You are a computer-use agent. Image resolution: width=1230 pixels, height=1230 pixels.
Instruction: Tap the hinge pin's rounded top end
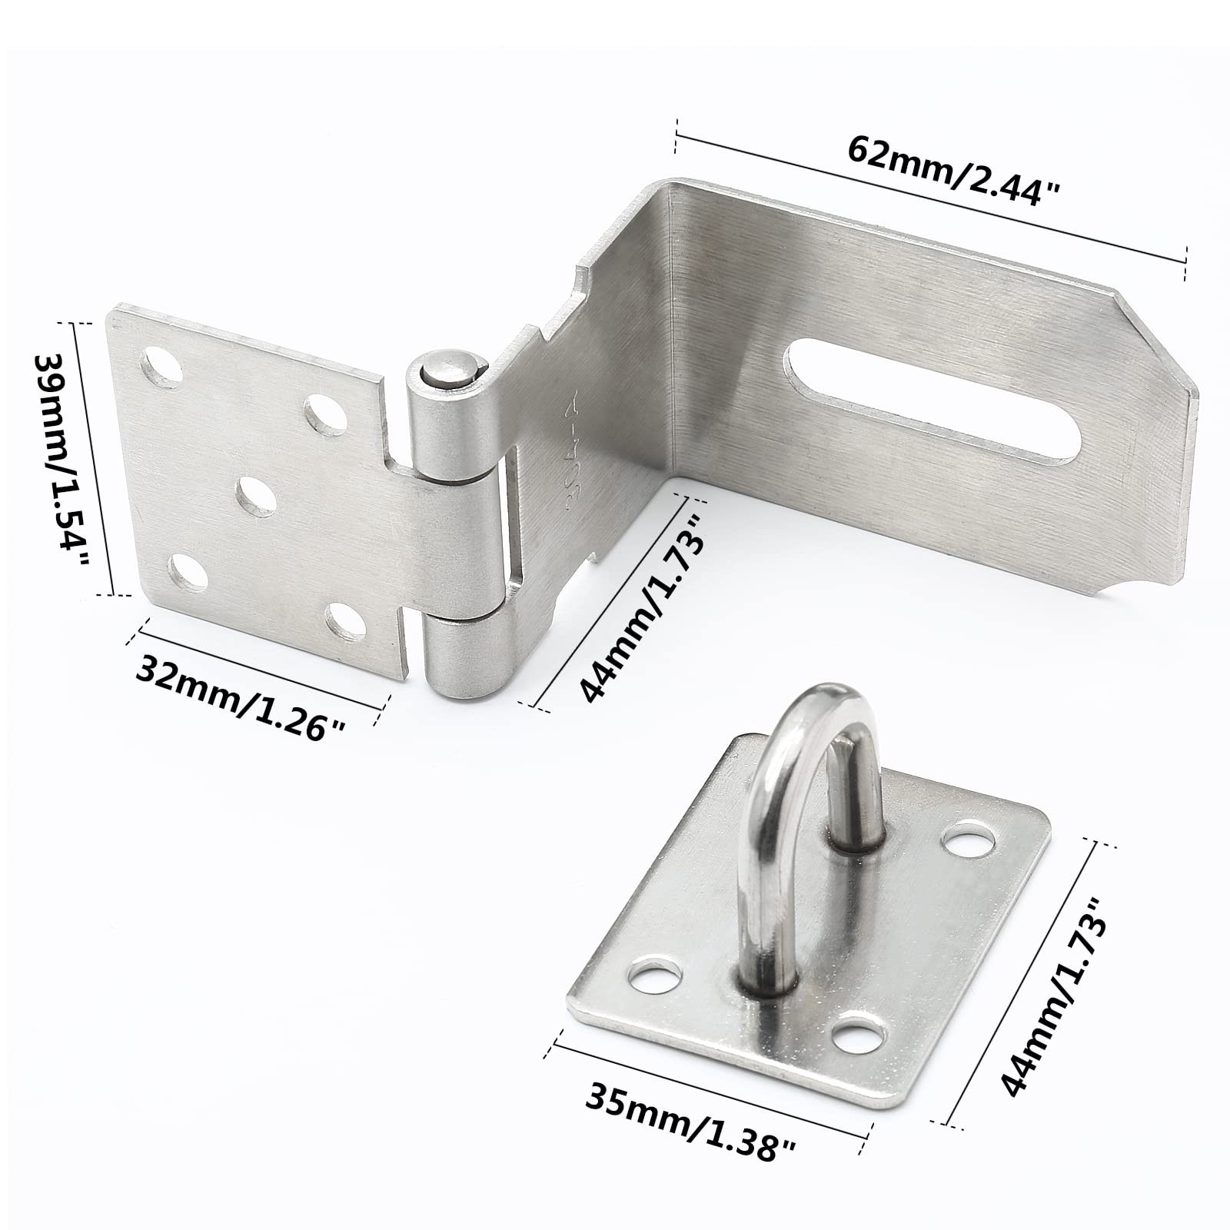[x=447, y=368]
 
